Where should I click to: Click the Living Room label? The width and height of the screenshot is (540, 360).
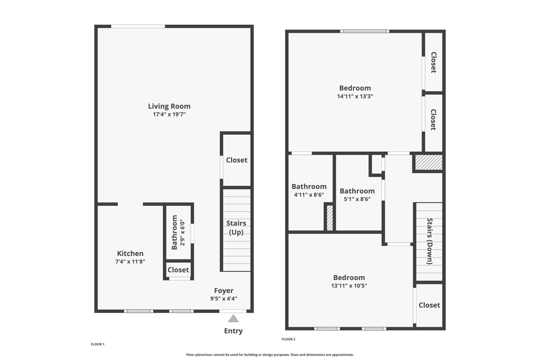pyautogui.click(x=169, y=106)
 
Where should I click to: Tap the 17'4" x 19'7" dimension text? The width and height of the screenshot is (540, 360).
pyautogui.click(x=169, y=114)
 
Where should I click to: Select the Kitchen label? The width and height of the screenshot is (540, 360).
pyautogui.click(x=130, y=253)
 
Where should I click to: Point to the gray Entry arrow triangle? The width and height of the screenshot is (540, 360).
pyautogui.click(x=233, y=319)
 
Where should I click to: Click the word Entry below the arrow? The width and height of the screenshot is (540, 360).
pyautogui.click(x=233, y=331)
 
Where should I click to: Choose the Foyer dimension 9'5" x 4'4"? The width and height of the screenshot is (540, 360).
pyautogui.click(x=223, y=299)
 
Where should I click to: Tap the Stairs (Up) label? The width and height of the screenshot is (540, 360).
pyautogui.click(x=236, y=228)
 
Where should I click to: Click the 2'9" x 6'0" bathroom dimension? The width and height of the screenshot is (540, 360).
pyautogui.click(x=182, y=232)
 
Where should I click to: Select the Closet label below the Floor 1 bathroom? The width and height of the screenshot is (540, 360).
pyautogui.click(x=178, y=270)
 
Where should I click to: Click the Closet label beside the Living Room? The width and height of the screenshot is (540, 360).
pyautogui.click(x=237, y=160)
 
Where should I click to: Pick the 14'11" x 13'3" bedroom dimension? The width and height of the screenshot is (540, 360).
pyautogui.click(x=355, y=96)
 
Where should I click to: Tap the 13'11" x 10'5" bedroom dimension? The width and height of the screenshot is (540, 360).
pyautogui.click(x=349, y=286)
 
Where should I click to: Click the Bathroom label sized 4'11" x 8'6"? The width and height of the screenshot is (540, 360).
pyautogui.click(x=309, y=187)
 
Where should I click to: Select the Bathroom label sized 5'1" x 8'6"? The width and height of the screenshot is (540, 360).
pyautogui.click(x=357, y=191)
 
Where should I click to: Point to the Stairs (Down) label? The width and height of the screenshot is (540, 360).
pyautogui.click(x=430, y=241)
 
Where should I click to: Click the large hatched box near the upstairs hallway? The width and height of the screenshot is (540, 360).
pyautogui.click(x=429, y=162)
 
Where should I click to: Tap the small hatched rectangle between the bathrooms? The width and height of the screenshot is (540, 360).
pyautogui.click(x=330, y=218)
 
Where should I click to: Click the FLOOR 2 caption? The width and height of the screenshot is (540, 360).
pyautogui.click(x=288, y=339)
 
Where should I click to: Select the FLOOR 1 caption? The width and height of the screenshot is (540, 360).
pyautogui.click(x=98, y=344)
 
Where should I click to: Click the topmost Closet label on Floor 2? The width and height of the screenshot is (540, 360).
pyautogui.click(x=433, y=62)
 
